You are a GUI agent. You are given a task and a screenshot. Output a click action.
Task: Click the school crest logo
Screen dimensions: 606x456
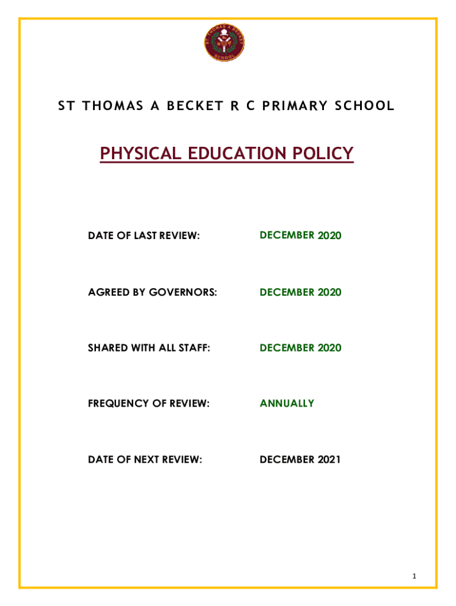224,43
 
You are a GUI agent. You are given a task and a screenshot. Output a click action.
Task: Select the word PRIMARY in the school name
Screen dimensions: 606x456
299,107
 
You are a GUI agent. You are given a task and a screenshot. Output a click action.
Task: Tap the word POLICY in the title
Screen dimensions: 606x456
323,154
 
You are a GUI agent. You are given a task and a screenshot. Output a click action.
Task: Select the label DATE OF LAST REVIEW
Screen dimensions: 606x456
144,237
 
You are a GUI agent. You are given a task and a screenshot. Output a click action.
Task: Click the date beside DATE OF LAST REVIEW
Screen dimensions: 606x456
300,236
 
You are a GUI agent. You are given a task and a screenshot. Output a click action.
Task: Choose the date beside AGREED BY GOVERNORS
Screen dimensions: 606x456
300,292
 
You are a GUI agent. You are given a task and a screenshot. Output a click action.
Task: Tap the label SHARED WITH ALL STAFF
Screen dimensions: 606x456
149,348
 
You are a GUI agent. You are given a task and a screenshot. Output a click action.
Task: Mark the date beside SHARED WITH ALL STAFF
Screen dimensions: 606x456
300,348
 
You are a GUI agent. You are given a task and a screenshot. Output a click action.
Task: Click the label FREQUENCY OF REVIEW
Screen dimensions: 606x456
149,404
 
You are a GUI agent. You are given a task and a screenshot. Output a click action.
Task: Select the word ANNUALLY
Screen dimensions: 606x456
287,404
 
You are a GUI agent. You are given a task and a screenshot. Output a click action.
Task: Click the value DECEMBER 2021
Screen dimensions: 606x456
300,459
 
